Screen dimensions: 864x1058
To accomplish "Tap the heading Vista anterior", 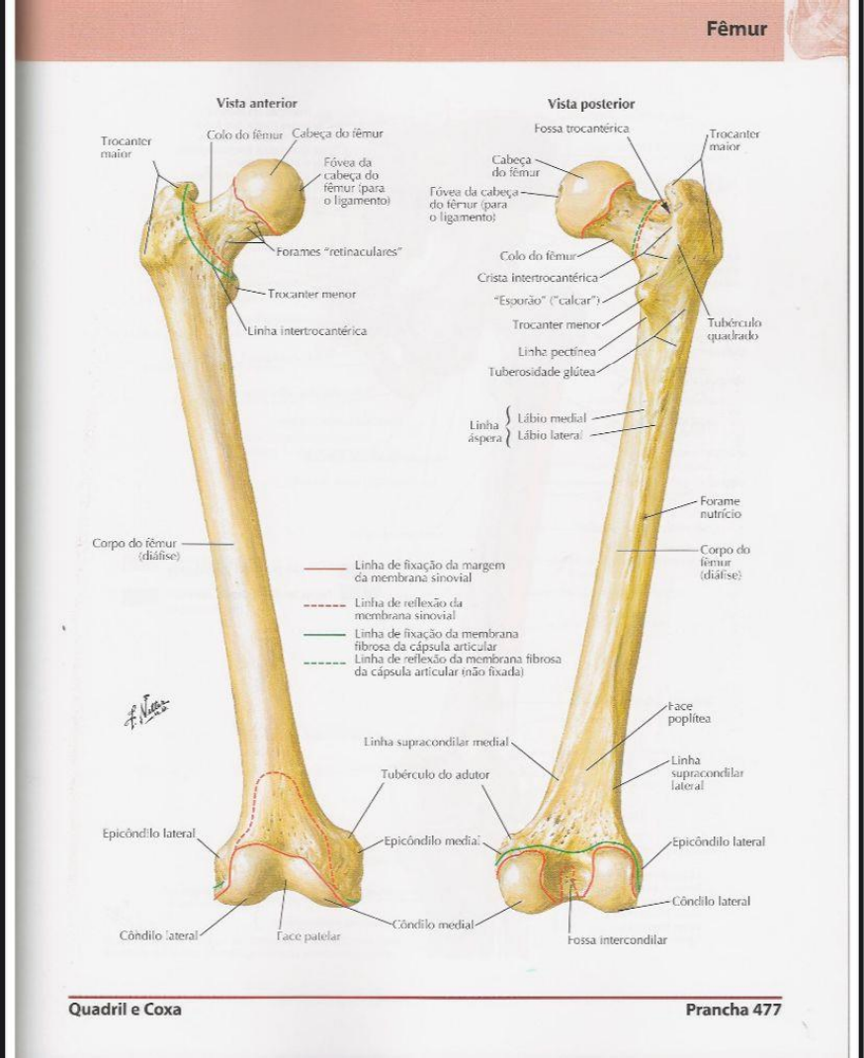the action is (257, 103).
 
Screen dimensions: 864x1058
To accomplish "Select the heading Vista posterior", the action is (591, 104).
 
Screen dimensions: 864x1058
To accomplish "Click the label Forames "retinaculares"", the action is (339, 251).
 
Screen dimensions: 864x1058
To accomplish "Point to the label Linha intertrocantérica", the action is (306, 330).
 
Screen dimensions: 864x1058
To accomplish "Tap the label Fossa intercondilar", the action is (617, 939).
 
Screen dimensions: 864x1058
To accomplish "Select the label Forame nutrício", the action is (721, 507).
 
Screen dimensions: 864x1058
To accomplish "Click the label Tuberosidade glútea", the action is (542, 372).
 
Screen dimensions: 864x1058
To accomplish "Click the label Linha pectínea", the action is (558, 350).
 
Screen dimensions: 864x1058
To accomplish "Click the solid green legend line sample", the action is (324, 635).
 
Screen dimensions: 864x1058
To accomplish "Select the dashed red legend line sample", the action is (324, 603).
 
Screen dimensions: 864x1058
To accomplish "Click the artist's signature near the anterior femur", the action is (147, 709).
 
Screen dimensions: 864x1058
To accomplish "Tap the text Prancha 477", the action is (733, 1010).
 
